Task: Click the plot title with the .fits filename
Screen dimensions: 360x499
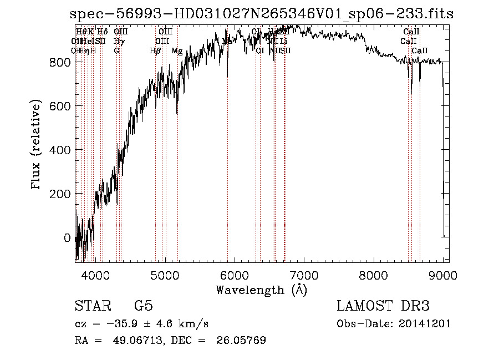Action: click(262, 14)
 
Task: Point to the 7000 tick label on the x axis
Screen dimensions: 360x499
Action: click(304, 275)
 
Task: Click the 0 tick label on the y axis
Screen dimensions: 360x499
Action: click(68, 237)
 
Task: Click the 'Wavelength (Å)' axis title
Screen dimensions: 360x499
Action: click(261, 290)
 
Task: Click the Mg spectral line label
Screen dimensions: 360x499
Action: click(177, 51)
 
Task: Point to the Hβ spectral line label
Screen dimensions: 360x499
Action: click(155, 51)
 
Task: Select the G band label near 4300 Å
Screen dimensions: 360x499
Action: click(116, 51)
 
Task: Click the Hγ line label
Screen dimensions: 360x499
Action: click(118, 41)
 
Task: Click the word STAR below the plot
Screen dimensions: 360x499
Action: click(91, 306)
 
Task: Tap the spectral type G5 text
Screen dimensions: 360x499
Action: click(143, 306)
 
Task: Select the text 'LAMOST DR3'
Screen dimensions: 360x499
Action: click(383, 306)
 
